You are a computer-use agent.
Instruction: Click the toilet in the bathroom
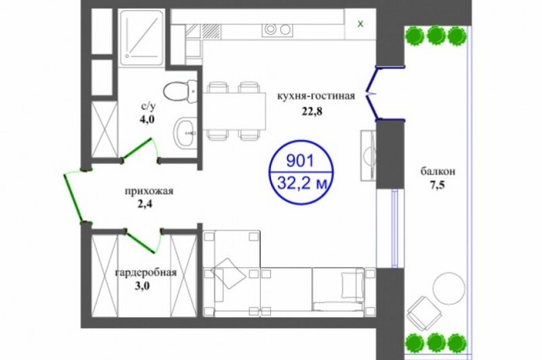coord(180,91)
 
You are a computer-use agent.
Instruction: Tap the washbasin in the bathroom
coord(184,132)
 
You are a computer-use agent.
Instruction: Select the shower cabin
coord(141,38)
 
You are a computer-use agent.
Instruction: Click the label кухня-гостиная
coord(316,96)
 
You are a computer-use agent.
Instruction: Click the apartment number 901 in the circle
coord(300,161)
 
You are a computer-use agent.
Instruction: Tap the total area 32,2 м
coord(302,183)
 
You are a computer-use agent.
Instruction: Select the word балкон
coord(437,171)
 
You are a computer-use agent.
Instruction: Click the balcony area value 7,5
coord(437,186)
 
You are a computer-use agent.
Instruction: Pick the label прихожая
coord(149,191)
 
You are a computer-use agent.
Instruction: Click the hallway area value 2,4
coord(145,204)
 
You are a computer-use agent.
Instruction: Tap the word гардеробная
coord(146,273)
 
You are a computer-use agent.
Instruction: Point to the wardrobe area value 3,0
coord(142,286)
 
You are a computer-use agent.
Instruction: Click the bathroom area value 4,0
coord(147,119)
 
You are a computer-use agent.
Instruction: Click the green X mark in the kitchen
coord(360,24)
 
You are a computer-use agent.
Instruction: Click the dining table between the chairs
coord(234,111)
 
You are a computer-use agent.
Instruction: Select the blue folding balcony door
coord(379,94)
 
